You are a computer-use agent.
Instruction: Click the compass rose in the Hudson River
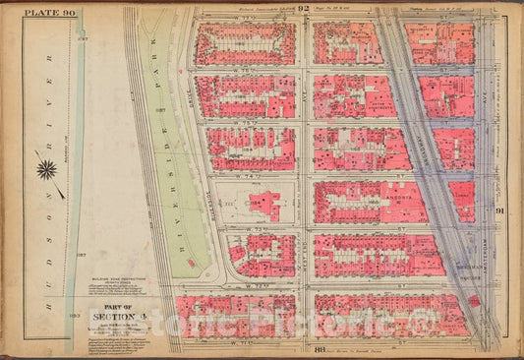46,170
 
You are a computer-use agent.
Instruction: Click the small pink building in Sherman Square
475,300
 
